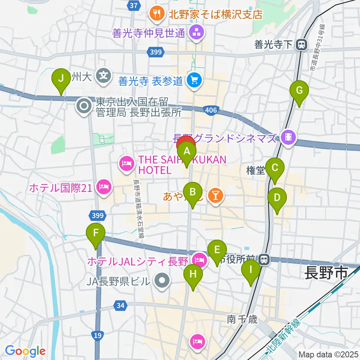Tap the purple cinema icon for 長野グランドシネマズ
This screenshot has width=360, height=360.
tap(288, 138)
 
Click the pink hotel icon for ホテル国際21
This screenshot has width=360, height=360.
tap(104, 186)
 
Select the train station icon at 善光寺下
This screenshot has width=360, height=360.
tap(300, 45)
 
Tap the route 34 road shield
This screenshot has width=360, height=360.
tap(120, 306)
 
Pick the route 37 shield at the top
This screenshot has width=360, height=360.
tap(133, 6)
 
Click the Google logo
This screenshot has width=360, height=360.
tap(25, 351)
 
